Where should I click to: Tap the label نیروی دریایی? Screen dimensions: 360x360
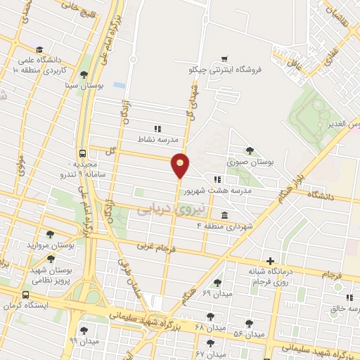click(162, 208)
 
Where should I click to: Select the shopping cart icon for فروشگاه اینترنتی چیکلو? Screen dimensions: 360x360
click(224, 58)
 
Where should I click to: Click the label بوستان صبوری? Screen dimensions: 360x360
click(250, 162)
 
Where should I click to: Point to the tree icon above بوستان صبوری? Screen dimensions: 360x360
click(250, 150)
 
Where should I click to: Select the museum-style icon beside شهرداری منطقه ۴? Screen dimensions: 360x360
click(224, 215)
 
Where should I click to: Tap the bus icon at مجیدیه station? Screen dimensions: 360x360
click(84, 153)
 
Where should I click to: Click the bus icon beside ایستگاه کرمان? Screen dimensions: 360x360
click(25, 295)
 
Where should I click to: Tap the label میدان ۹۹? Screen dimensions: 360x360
click(83, 340)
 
